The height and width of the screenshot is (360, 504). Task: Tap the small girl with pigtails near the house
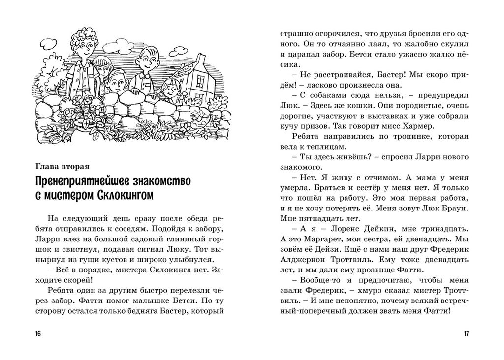pyautogui.click(x=170, y=89)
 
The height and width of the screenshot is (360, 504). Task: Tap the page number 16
pyautogui.click(x=38, y=334)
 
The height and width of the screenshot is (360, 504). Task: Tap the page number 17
pyautogui.click(x=466, y=334)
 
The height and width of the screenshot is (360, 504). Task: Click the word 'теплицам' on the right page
pyautogui.click(x=337, y=147)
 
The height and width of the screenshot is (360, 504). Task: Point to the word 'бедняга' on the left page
pyautogui.click(x=155, y=311)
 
